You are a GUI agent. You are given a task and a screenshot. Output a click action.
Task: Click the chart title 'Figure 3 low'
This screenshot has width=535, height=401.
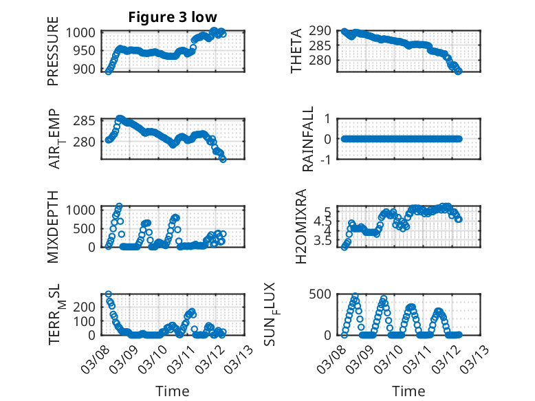173,17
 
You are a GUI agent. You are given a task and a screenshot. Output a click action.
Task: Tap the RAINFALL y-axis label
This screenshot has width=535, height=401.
309,139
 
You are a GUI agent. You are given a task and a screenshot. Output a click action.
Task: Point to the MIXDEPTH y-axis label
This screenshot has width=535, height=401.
53,226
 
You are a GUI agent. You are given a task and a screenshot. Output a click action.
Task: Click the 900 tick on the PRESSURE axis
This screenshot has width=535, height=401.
87,69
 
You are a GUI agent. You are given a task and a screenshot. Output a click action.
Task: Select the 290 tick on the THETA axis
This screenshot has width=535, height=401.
323,32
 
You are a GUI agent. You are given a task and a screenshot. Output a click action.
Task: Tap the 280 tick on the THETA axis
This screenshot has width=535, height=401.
323,61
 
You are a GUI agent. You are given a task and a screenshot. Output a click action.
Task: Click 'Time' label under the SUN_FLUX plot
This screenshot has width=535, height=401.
408,391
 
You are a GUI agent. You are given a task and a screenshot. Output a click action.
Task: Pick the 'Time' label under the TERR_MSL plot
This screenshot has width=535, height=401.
173,391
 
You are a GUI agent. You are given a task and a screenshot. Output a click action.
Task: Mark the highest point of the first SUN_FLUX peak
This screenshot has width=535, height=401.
356,296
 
